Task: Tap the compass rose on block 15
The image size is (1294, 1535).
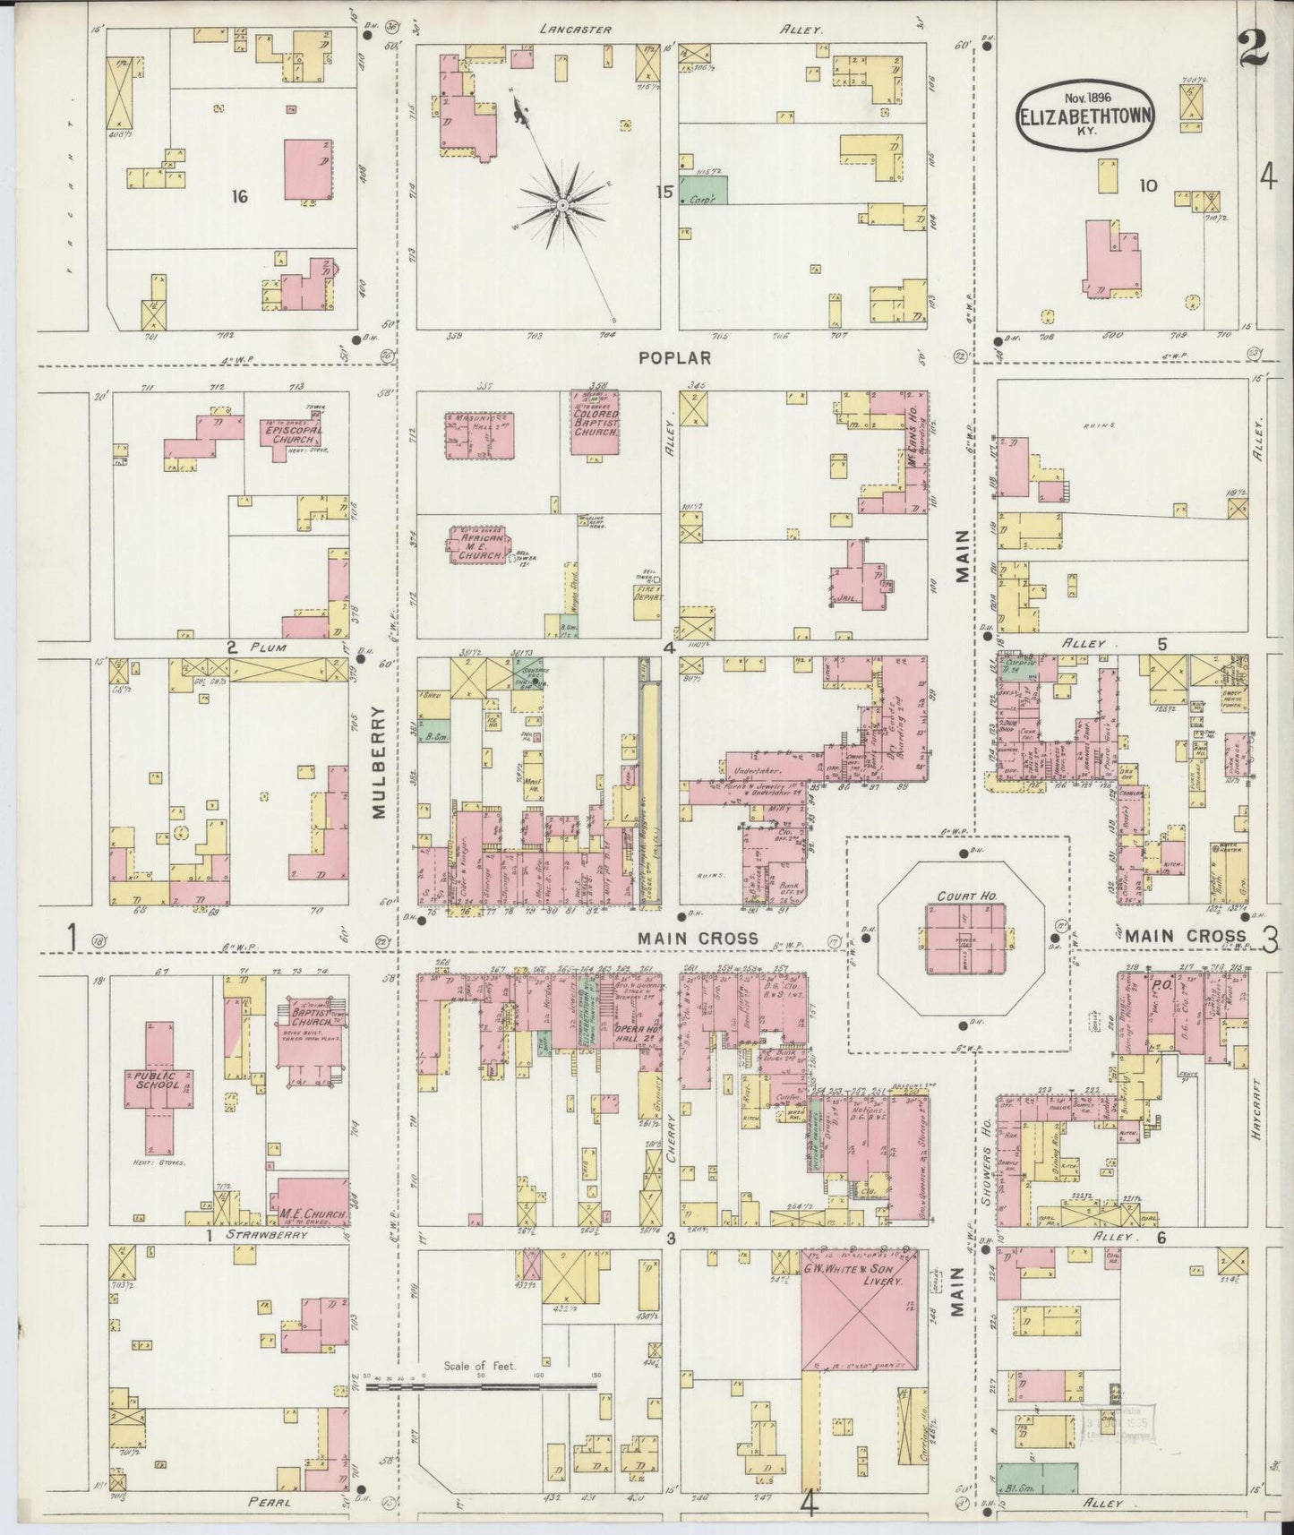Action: click(561, 206)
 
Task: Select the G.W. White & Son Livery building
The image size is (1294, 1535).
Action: click(858, 1317)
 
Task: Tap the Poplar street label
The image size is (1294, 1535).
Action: click(675, 357)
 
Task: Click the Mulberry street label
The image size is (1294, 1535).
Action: click(378, 762)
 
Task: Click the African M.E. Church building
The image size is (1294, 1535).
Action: click(482, 545)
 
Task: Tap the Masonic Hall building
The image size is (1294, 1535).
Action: click(478, 435)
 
